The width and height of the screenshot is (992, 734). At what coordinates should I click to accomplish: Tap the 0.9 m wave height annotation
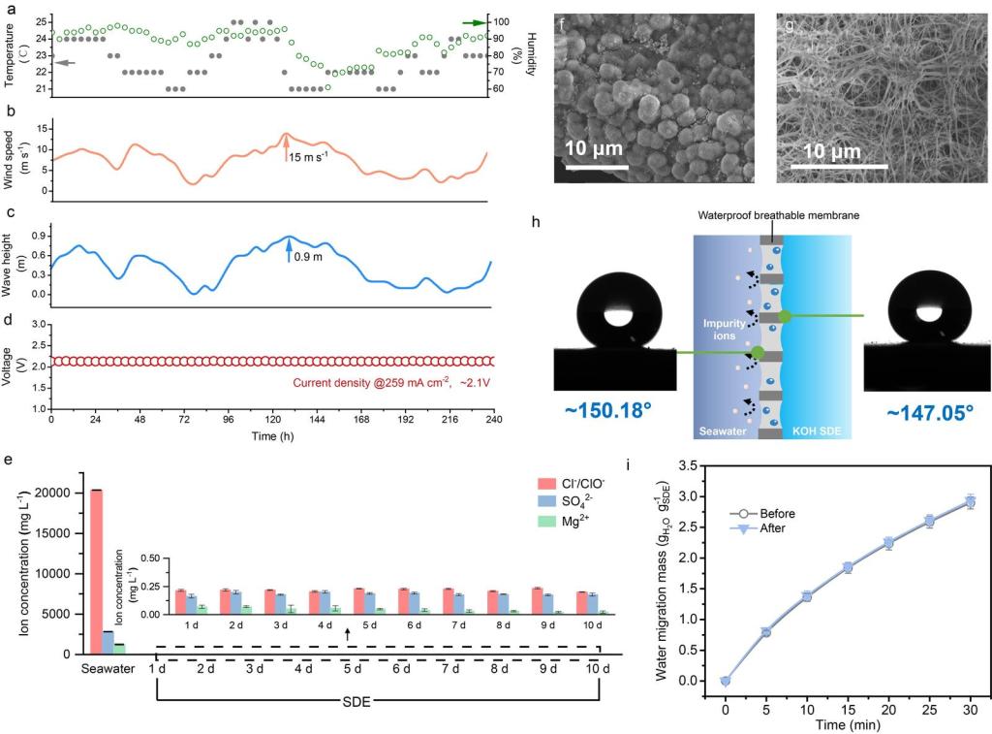(x=307, y=257)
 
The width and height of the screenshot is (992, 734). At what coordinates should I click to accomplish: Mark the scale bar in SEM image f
(x=600, y=166)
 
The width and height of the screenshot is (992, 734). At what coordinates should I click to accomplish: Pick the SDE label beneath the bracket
(x=377, y=700)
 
